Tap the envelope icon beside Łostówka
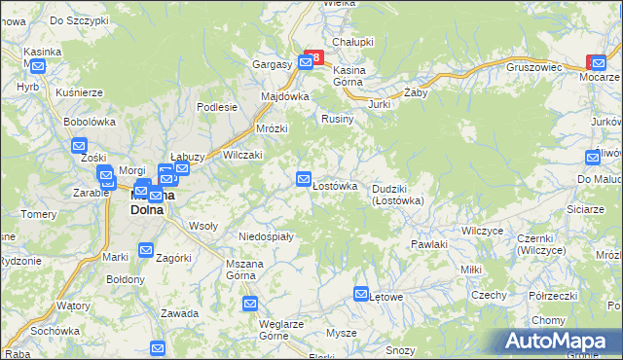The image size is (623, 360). [304, 178]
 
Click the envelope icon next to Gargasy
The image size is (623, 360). [306, 62]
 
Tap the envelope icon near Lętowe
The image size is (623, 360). [361, 294]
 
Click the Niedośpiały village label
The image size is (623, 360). [265, 235]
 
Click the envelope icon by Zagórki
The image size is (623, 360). [146, 250]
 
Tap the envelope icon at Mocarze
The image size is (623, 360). [593, 62]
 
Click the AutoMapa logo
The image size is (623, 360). [560, 341]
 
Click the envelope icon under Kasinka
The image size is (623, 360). [38, 67]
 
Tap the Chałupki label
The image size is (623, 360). [353, 42]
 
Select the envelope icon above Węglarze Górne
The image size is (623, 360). [250, 304]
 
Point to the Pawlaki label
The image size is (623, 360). [428, 244]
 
